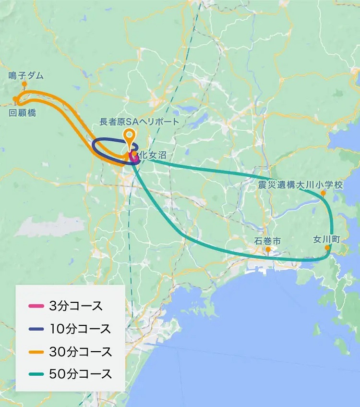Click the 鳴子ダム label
coord(26,75)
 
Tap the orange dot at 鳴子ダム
coord(24,84)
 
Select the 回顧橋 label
coord(23,113)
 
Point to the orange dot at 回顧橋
coord(15,99)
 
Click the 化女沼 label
coord(154,155)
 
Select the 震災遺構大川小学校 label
coord(300,185)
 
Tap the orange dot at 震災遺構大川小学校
coord(324,193)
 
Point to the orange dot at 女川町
coord(327,248)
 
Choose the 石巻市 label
coord(267,241)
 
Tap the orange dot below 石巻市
coord(268,249)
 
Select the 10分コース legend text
coord(80,329)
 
